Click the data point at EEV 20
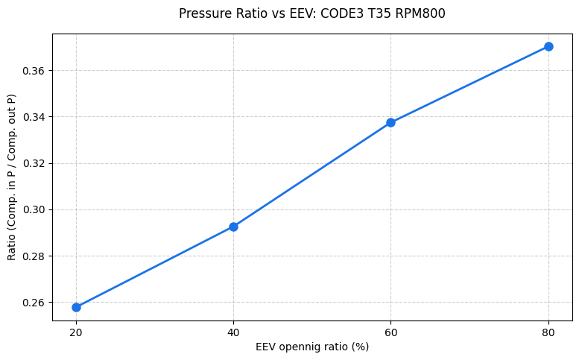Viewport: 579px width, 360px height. [76, 307]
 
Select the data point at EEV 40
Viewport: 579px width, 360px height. [233, 227]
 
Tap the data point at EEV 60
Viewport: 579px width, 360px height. [390, 122]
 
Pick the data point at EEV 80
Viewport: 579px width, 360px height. [548, 46]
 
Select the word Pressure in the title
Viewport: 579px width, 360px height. [203, 13]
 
